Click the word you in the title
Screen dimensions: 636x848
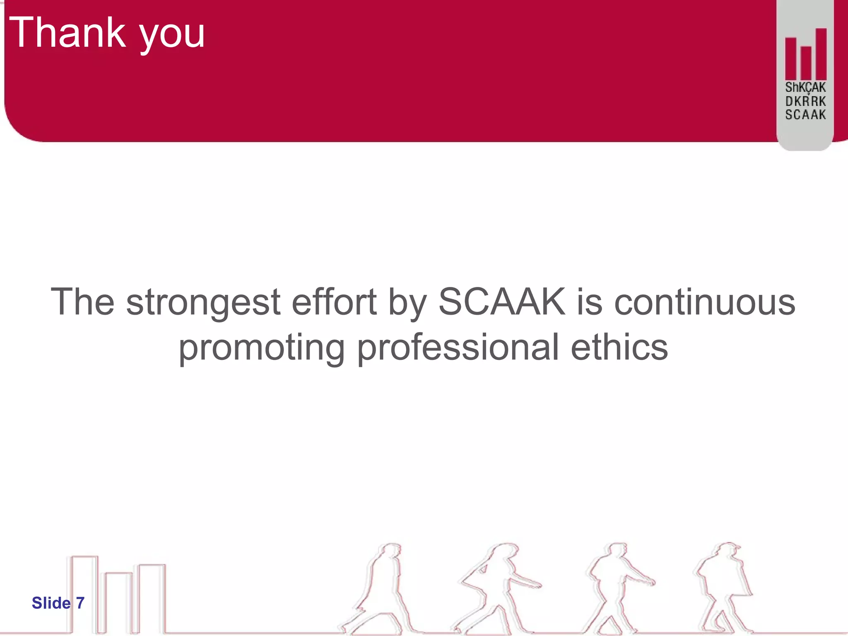click(x=172, y=35)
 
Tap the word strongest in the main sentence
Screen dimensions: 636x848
click(x=203, y=303)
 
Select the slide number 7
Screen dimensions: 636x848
click(x=80, y=603)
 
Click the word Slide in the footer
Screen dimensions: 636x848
click(x=51, y=603)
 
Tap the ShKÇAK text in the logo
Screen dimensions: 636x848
click(x=805, y=87)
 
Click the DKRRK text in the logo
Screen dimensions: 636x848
click(x=805, y=101)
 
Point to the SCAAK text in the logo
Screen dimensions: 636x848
click(x=805, y=115)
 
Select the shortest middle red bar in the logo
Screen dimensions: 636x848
click(x=806, y=63)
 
